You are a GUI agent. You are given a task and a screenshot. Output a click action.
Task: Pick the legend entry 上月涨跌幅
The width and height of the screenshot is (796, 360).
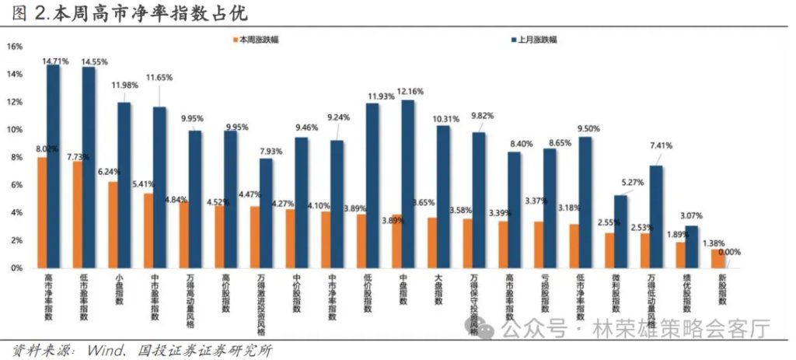[537, 39]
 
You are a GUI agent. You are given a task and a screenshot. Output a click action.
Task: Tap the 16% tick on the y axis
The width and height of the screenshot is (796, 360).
[14, 47]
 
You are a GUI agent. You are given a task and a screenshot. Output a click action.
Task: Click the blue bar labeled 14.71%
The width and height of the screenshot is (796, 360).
[53, 166]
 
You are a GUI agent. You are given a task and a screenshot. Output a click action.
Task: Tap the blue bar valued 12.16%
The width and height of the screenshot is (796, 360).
[407, 183]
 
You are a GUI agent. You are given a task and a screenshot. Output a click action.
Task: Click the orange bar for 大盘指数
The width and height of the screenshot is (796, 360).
[433, 243]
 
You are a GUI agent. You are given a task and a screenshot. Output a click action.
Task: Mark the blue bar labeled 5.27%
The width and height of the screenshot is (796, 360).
[620, 231]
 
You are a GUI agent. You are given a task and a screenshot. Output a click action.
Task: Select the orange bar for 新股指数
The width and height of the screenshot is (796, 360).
[717, 258]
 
